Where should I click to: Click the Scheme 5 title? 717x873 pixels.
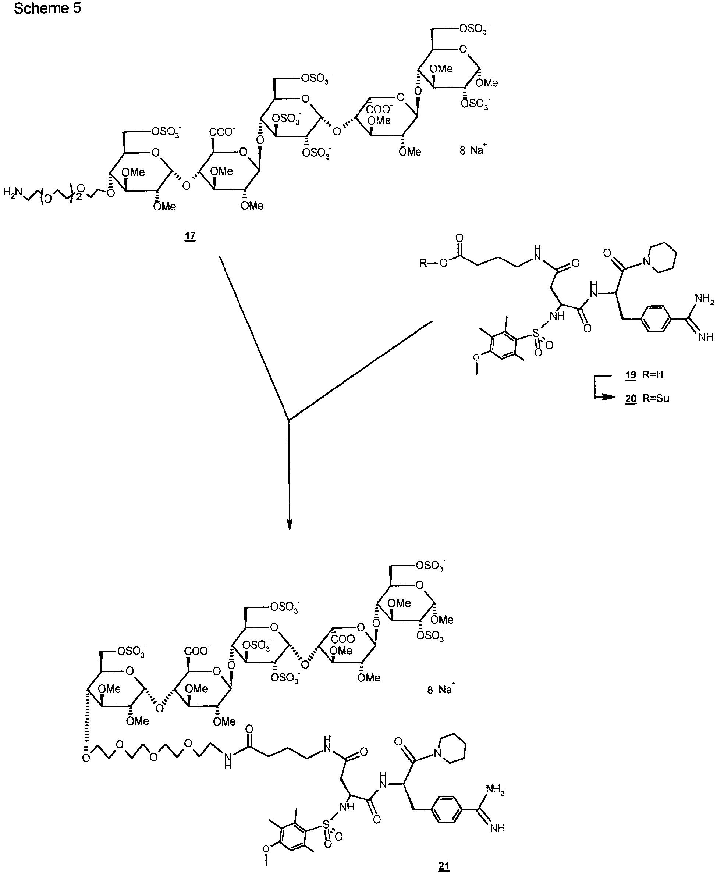coord(47,8)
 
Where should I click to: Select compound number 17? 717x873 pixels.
coord(189,236)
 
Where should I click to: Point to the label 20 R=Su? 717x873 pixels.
coord(647,398)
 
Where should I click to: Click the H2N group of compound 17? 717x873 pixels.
coord(13,192)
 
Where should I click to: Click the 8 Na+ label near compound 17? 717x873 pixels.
coord(471,150)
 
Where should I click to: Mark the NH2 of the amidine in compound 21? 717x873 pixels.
coord(495,790)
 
